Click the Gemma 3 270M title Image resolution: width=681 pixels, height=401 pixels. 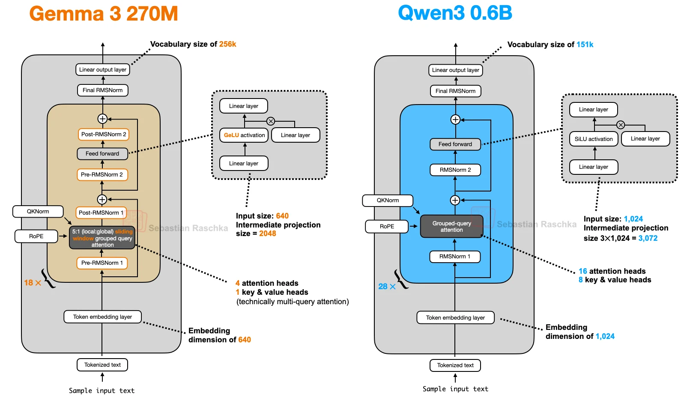(103, 14)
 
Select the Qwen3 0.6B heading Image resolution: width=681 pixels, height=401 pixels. (455, 13)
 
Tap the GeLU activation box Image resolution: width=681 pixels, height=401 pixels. (244, 135)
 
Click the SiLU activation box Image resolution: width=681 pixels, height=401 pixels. (593, 139)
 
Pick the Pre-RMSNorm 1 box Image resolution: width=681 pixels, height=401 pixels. (102, 263)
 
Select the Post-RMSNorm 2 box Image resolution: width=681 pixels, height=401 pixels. (104, 134)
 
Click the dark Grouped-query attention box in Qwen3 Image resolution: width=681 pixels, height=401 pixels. (451, 226)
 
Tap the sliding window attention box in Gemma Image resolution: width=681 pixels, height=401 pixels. (102, 238)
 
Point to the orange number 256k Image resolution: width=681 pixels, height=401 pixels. (227, 44)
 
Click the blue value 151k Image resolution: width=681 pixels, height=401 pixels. (585, 45)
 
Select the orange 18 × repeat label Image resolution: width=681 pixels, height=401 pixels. (33, 283)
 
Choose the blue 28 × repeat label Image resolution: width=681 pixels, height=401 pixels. (387, 286)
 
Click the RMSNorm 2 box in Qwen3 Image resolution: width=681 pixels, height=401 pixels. (455, 170)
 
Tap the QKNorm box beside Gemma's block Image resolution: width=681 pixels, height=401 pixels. (38, 211)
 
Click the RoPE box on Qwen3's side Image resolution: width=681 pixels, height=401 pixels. (387, 226)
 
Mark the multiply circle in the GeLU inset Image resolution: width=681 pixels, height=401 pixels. (271, 121)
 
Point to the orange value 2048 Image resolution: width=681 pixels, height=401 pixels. (267, 233)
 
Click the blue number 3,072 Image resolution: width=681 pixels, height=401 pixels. (648, 238)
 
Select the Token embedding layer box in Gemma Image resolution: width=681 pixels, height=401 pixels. (102, 317)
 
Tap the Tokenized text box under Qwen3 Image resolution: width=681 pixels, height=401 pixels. (455, 365)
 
